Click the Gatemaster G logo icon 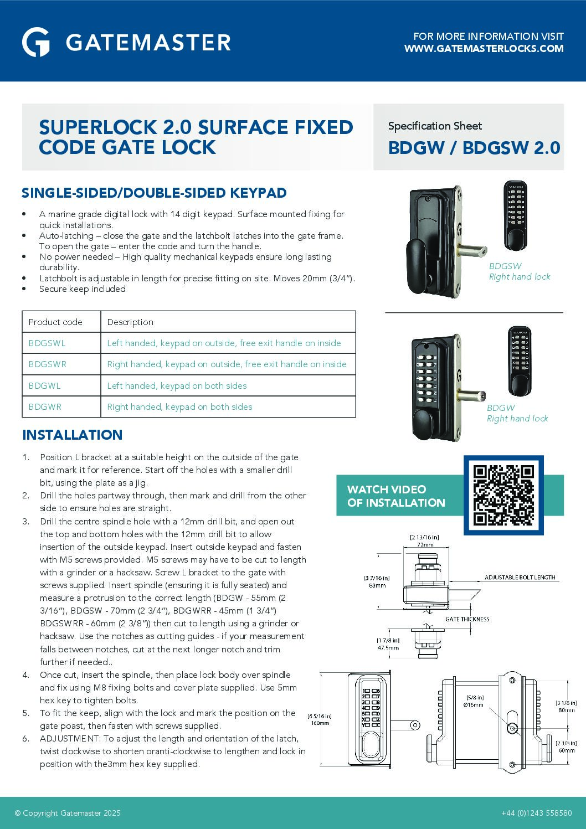coord(36,42)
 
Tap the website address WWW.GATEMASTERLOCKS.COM coord(484,49)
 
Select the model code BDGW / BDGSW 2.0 coord(474,148)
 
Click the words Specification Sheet coord(435,126)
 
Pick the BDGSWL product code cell coord(47,343)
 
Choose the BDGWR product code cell coord(45,407)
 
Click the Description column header coord(130,322)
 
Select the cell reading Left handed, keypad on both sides coord(177,386)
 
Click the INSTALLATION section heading coord(72,435)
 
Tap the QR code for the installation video coord(503,495)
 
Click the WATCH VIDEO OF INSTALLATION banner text coord(395,496)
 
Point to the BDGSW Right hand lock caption coord(519,271)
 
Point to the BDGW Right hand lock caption coord(517,413)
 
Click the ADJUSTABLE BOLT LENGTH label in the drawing coord(520,578)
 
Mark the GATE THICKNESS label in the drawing coord(467,619)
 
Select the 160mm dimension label coord(320,723)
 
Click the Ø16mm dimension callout coord(474,705)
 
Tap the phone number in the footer coord(536,813)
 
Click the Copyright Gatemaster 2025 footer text coord(68,813)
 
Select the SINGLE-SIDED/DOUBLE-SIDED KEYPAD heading coord(154,193)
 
